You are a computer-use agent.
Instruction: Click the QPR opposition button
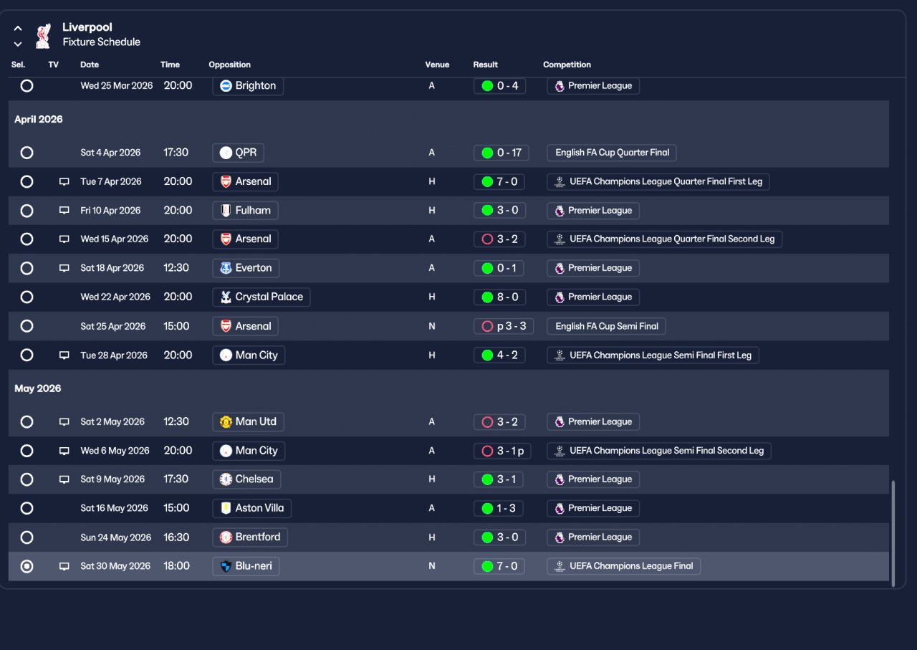click(x=239, y=153)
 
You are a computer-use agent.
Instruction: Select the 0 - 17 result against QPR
click(x=501, y=153)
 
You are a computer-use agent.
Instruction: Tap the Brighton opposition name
click(x=248, y=86)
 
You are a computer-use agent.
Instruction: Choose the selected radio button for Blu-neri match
click(x=27, y=566)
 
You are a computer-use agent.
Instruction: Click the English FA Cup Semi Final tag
click(x=606, y=326)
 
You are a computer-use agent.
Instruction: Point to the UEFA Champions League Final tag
click(x=623, y=566)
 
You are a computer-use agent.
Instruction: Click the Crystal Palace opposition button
click(x=261, y=297)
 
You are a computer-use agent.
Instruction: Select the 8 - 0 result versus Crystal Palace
click(x=499, y=297)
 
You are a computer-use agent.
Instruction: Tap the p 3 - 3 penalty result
click(x=504, y=326)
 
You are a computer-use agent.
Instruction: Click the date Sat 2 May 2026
click(x=112, y=422)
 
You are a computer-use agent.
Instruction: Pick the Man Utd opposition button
click(x=248, y=422)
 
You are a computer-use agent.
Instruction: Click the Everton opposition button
click(x=246, y=268)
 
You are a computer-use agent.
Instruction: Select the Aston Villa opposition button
click(x=251, y=508)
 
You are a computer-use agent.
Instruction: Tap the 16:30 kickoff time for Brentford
click(x=176, y=537)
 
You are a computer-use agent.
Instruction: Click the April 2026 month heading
click(x=39, y=120)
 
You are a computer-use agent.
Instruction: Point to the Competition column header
click(x=567, y=64)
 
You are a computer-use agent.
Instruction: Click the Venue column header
click(x=437, y=64)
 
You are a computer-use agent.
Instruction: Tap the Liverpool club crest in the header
click(x=44, y=35)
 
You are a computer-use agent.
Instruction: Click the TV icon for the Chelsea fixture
click(x=64, y=479)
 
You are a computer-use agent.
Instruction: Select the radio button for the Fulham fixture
click(x=27, y=211)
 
